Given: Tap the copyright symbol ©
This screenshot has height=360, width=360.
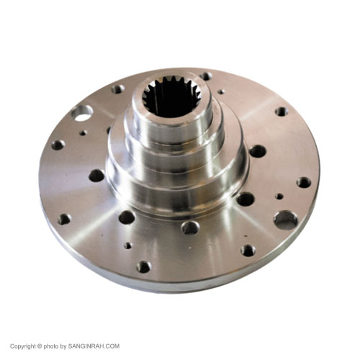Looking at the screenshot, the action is click(40, 346).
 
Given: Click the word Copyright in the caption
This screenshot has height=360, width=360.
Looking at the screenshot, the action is click(23, 346).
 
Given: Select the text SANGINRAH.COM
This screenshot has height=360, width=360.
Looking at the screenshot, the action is click(94, 346).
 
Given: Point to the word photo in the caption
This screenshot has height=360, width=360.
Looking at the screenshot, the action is click(50, 346).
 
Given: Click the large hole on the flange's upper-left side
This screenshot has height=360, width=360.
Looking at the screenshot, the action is click(82, 113).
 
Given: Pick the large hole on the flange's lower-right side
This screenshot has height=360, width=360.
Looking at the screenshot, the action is click(286, 220).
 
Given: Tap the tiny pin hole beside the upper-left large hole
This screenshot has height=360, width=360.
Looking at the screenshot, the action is click(83, 132).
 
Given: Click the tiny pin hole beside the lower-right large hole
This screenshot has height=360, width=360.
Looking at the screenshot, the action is click(279, 197).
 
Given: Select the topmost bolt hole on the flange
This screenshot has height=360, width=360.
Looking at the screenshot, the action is click(206, 76).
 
